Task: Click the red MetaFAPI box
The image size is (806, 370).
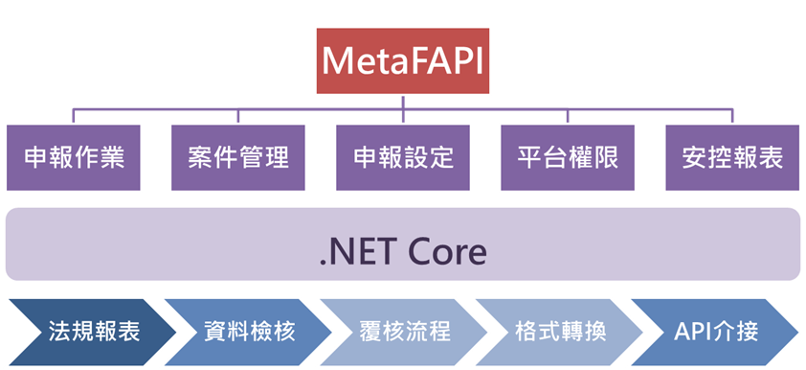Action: tap(402, 60)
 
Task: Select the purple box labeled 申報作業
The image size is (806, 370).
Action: tap(74, 157)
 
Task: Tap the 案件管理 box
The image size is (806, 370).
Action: tap(238, 157)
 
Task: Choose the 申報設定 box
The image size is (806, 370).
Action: tap(403, 157)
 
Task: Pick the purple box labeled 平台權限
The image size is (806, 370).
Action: tap(568, 157)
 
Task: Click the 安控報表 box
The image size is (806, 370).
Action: tap(732, 157)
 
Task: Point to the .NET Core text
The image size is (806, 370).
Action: tap(402, 251)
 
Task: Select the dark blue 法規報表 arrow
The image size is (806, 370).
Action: tap(93, 332)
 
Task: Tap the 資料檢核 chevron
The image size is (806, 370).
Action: tap(248, 332)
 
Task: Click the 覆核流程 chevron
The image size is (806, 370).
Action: tap(404, 332)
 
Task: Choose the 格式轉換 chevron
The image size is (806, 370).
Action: tap(560, 332)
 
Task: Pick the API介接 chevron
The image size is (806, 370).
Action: tap(715, 332)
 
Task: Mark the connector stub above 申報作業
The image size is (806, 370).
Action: tap(73, 116)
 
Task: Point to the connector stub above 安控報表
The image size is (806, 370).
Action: tap(732, 116)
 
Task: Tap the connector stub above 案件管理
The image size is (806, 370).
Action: tap(238, 116)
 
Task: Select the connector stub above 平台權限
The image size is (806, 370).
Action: tap(568, 116)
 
